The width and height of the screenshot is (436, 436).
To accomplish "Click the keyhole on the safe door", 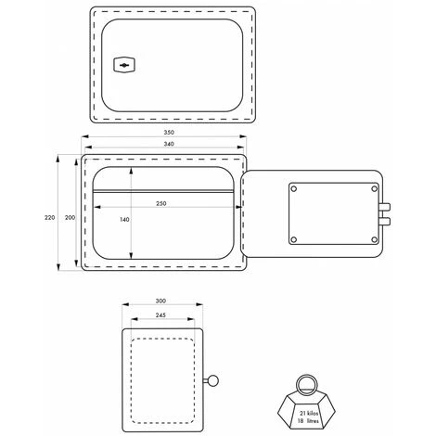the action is [x=124, y=65].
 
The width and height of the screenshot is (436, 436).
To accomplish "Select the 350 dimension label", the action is [x=169, y=133].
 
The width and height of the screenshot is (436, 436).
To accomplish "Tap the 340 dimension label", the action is [x=169, y=144].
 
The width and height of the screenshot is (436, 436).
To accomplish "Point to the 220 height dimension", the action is [x=50, y=217].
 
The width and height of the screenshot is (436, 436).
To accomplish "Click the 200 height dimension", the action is [x=70, y=217].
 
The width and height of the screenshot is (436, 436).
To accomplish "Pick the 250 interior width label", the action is [x=161, y=203].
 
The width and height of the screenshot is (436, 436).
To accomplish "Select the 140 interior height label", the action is [x=124, y=220].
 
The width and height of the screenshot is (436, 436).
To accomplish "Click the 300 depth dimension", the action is [x=160, y=301].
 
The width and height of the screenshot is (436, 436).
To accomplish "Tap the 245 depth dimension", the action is [x=160, y=315].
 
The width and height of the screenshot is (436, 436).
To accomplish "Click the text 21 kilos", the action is [x=309, y=413].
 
